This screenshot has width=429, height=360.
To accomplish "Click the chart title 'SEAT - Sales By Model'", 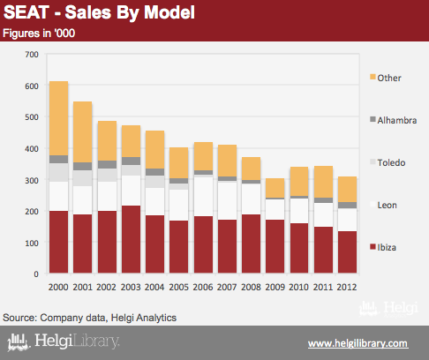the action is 99,13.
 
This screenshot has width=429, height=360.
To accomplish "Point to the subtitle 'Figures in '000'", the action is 39,34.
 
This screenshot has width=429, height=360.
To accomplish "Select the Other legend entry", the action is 386,78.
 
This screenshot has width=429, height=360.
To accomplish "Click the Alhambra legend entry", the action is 394,120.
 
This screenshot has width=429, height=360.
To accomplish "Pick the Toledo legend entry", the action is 388,162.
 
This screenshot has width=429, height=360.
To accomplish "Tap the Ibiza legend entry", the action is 383,247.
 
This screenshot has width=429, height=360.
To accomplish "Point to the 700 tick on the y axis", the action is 32,55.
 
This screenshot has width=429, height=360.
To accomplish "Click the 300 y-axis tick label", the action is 32,180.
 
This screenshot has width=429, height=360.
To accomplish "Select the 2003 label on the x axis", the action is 131,287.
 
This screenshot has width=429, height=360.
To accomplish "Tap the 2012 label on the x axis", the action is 347,287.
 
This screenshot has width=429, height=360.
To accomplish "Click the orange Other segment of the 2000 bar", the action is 59,118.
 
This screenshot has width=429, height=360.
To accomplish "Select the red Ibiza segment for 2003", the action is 131,239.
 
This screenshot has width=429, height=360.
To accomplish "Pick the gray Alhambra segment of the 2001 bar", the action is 83,166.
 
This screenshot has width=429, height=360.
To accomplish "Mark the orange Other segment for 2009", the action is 275,188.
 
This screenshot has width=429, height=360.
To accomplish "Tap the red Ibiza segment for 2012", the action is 348,252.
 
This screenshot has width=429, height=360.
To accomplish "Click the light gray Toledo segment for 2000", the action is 59,172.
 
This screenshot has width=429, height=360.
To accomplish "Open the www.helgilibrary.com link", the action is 358,343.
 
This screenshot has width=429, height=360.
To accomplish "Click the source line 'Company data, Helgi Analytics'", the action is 109,318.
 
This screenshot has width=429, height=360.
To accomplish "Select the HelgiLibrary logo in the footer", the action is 64,341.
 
